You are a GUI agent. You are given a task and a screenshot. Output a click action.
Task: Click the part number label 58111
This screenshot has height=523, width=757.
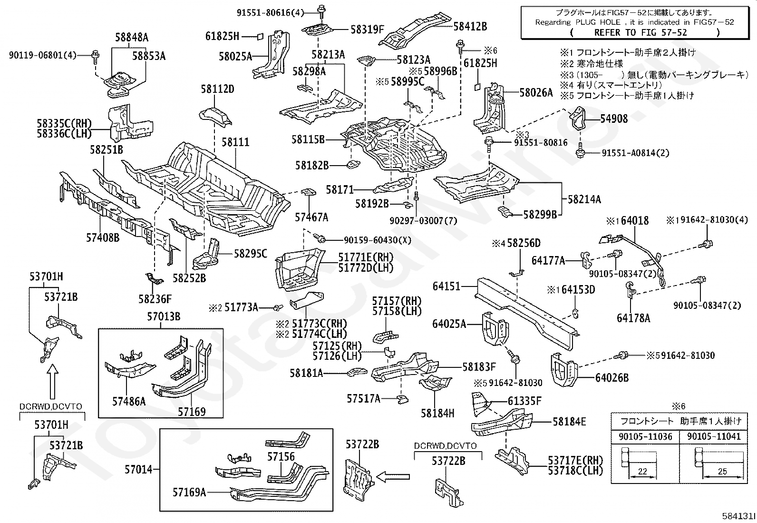pos(235,142)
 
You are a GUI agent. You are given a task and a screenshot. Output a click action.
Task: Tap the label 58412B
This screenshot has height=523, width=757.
pos(470,26)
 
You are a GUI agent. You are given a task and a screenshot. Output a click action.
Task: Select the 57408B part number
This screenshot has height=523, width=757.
pos(103,237)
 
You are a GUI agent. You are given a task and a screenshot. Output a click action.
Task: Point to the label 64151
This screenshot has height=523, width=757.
pos(446,286)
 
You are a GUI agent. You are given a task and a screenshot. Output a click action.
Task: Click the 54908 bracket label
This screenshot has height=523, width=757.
pos(614,119)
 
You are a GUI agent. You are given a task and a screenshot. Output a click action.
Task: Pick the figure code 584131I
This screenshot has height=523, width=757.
pos(738,516)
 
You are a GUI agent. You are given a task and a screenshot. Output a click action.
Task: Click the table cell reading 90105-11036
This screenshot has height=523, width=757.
pos(645,436)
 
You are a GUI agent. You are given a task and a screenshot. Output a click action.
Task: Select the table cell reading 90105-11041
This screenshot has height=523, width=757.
pos(714,436)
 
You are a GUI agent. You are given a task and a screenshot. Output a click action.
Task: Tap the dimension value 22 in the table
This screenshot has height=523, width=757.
pos(642,471)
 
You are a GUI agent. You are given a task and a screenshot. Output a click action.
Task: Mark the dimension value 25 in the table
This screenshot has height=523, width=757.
pos(722,471)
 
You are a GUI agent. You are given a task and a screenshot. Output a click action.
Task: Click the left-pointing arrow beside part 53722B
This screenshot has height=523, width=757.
pos(393,477)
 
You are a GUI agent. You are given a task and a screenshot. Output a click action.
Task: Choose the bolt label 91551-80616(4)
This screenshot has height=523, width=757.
pos(270,13)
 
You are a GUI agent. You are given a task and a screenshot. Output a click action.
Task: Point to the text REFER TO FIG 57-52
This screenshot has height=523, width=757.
pos(641,33)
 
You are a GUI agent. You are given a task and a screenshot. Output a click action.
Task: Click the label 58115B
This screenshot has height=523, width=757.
pos(308,139)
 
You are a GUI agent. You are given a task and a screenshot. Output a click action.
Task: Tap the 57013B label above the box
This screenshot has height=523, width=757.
pos(164,316)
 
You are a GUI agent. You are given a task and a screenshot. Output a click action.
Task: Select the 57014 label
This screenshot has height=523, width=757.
pos(138,470)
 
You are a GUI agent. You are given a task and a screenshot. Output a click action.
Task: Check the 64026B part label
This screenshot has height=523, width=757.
pos(612,377)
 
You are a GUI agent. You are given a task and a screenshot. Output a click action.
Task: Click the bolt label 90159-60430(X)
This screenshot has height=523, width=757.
pos(378,240)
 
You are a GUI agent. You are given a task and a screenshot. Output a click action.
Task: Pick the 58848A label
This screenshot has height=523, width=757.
pos(132,37)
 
